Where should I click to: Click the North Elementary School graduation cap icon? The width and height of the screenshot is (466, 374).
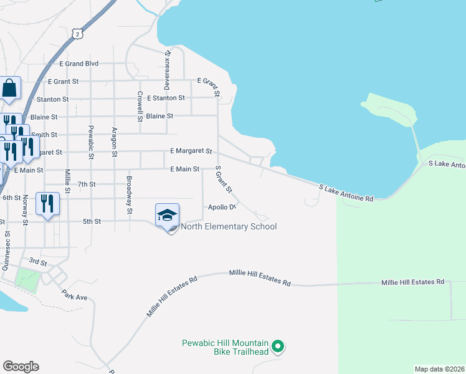(x=167, y=216)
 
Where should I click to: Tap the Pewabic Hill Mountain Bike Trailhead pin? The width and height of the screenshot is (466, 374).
(x=279, y=345)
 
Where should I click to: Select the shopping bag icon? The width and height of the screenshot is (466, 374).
(x=11, y=90)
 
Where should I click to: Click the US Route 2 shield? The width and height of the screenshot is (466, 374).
(x=76, y=33)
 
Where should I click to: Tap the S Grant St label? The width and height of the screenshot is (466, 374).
(x=223, y=179)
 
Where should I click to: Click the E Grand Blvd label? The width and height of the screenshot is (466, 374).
(x=79, y=64)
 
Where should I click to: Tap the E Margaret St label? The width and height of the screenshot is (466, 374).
(x=191, y=151)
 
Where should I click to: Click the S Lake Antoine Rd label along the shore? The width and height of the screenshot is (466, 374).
(x=346, y=193)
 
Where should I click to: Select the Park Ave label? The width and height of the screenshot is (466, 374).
(x=74, y=294)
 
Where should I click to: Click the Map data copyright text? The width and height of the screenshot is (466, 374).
(x=439, y=369)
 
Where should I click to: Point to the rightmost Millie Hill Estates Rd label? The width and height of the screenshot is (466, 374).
(x=412, y=282)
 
